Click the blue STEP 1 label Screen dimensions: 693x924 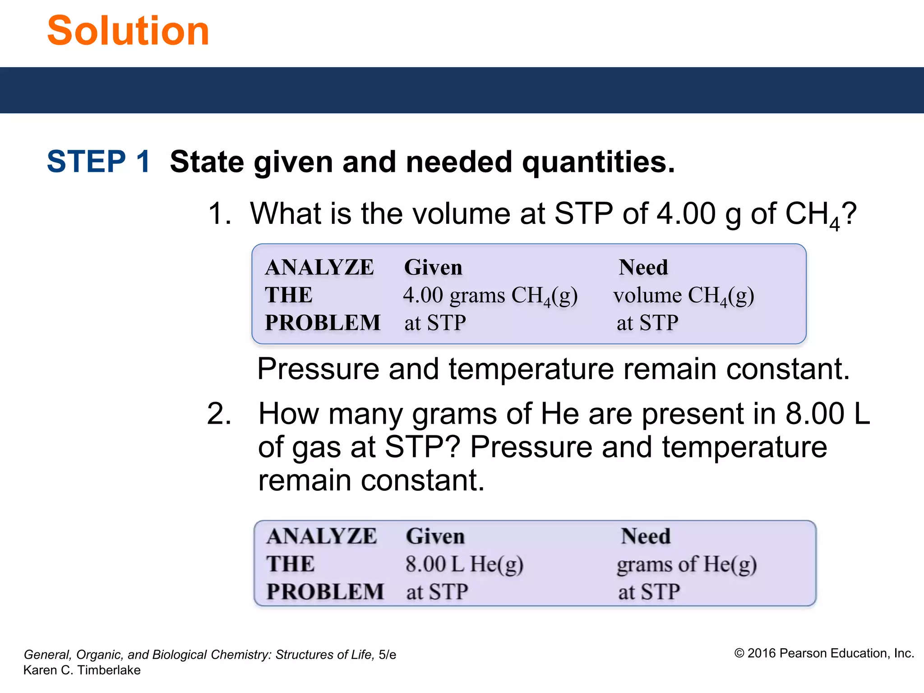pyautogui.click(x=98, y=162)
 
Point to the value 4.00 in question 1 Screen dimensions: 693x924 pyautogui.click(x=686, y=213)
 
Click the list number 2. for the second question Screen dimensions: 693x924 pyautogui.click(x=219, y=413)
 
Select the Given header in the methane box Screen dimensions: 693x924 pyautogui.click(x=433, y=267)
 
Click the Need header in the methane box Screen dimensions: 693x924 pyautogui.click(x=643, y=267)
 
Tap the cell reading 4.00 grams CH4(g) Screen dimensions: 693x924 pyautogui.click(x=490, y=296)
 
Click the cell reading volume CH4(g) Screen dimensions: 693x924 pyautogui.click(x=683, y=296)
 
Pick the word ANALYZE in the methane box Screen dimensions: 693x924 pyautogui.click(x=319, y=267)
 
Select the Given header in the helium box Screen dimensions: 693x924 pyautogui.click(x=435, y=536)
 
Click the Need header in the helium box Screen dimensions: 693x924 pyautogui.click(x=646, y=536)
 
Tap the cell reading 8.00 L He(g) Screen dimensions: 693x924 pyautogui.click(x=464, y=564)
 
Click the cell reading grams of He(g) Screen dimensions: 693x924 pyautogui.click(x=686, y=564)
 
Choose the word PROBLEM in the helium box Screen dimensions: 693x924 pyautogui.click(x=325, y=591)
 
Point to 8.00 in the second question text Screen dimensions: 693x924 pyautogui.click(x=814, y=413)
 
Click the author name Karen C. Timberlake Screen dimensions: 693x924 pyautogui.click(x=82, y=670)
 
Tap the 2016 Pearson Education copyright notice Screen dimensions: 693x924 pyautogui.click(x=824, y=653)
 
